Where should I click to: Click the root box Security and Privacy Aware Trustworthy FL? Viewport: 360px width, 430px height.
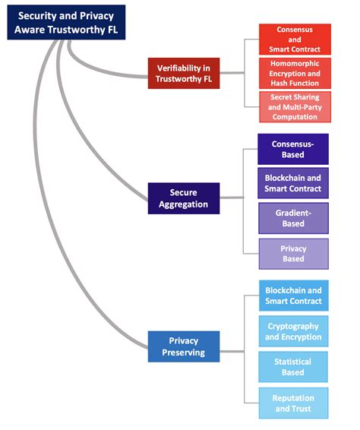pyautogui.click(x=63, y=21)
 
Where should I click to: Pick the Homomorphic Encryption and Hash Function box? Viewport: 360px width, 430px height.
pyautogui.click(x=294, y=74)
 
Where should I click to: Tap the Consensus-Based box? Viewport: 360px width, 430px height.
pyautogui.click(x=293, y=149)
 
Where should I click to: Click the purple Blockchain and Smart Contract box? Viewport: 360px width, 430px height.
pyautogui.click(x=293, y=183)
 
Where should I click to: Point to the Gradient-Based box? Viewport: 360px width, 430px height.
pyautogui.click(x=293, y=219)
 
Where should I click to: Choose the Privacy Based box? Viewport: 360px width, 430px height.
pyautogui.click(x=293, y=254)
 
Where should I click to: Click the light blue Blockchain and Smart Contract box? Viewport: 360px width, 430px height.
pyautogui.click(x=293, y=296)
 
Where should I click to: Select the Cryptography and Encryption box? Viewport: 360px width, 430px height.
pyautogui.click(x=293, y=331)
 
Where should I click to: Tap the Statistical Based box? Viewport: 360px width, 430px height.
pyautogui.click(x=293, y=367)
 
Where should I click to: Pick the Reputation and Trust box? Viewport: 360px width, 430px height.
pyautogui.click(x=293, y=403)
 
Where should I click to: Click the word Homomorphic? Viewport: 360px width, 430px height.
pyautogui.click(x=294, y=64)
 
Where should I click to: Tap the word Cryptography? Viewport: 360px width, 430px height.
pyautogui.click(x=293, y=326)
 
